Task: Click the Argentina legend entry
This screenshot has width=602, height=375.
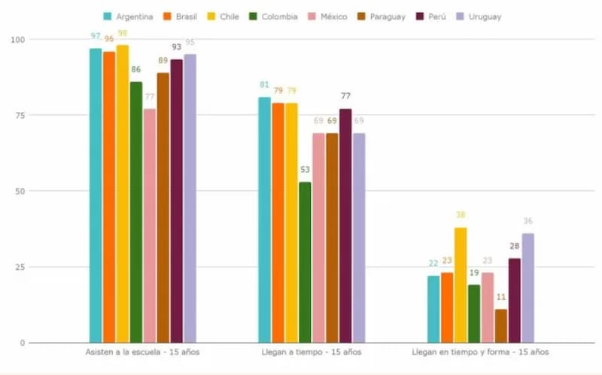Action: click(130, 17)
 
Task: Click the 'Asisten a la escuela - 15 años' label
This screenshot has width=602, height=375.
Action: click(142, 352)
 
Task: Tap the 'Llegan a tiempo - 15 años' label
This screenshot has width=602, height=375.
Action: click(312, 352)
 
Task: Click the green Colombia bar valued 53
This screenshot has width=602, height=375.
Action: click(305, 262)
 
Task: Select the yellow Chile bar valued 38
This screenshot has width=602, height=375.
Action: click(461, 285)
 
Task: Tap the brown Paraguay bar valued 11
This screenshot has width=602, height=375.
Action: click(501, 326)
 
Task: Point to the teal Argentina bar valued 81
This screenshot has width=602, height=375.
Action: click(264, 219)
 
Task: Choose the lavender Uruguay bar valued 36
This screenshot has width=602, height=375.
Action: click(528, 288)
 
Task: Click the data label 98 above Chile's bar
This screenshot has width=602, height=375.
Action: click(123, 34)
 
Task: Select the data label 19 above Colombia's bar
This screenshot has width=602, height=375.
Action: click(474, 274)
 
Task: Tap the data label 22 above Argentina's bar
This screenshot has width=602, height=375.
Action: click(433, 265)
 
